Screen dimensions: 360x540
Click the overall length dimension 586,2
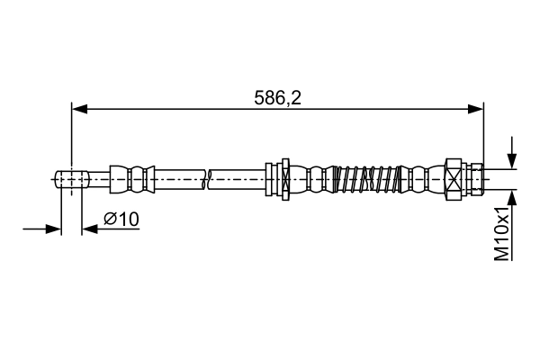point(277,96)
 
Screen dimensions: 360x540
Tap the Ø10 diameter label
point(121,219)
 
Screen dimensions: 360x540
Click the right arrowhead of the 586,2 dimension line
point(476,109)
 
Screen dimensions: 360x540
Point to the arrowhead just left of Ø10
point(88,229)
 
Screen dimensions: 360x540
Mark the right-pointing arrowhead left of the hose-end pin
point(53,229)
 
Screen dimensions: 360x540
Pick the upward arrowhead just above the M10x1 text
point(512,196)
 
